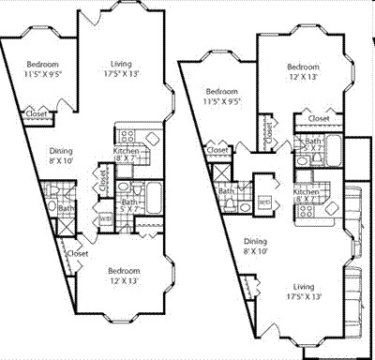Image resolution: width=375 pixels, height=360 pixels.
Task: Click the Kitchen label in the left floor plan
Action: [x=127, y=150]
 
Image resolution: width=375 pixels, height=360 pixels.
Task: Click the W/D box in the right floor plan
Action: [x=265, y=200]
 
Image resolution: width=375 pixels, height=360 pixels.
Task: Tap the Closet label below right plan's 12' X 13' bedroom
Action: [x=317, y=119]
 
